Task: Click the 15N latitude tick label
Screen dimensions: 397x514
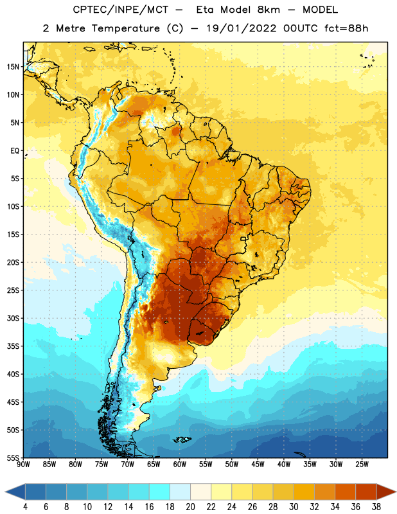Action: coord(13,67)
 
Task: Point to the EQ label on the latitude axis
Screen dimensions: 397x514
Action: coord(15,151)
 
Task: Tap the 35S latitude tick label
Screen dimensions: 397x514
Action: coord(13,346)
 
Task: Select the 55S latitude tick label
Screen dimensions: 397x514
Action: coord(13,457)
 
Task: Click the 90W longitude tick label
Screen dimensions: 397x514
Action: coord(23,465)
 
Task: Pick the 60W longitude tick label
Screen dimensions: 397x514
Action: coord(180,465)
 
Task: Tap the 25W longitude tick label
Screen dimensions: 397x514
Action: coord(362,465)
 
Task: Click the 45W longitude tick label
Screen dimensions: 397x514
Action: coord(258,465)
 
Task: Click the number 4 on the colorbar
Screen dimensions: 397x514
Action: coord(25,507)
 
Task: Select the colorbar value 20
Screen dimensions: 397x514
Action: coord(190,507)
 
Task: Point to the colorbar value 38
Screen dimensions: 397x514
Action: coord(376,507)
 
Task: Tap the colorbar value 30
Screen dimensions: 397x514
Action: coord(294,507)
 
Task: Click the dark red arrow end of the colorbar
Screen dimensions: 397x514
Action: coord(385,492)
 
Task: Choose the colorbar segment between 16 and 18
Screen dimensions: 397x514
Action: coord(159,492)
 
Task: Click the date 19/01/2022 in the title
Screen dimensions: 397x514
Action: coord(241,28)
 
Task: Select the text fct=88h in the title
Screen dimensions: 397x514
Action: coord(346,28)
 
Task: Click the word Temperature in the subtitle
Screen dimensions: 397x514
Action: coord(125,29)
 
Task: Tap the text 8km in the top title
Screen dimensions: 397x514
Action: coord(269,10)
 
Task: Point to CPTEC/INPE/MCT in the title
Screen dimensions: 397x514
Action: coord(121,10)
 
